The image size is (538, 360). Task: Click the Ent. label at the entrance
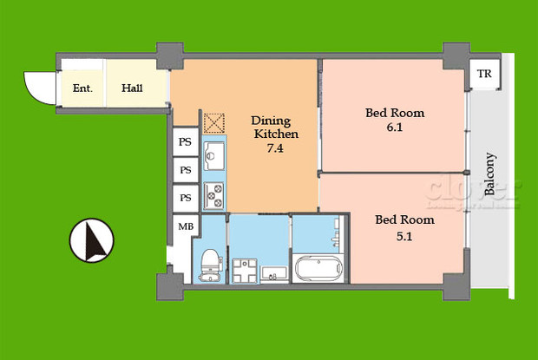pyautogui.click(x=82, y=88)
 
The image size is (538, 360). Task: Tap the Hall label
pyautogui.click(x=132, y=88)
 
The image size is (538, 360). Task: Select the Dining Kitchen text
pyautogui.click(x=275, y=127)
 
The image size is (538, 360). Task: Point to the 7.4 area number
pyautogui.click(x=275, y=148)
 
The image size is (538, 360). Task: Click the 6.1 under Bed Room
pyautogui.click(x=395, y=127)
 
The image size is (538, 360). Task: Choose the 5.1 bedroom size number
pyautogui.click(x=403, y=233)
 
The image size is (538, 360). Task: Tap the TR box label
pyautogui.click(x=483, y=75)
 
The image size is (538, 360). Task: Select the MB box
pyautogui.click(x=186, y=227)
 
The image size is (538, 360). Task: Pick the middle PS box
pyautogui.click(x=185, y=170)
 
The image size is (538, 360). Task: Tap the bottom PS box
pyautogui.click(x=185, y=198)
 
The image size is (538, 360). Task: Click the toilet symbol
pyautogui.click(x=210, y=262)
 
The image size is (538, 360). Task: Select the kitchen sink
pyautogui.click(x=213, y=157)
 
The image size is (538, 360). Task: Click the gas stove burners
pyautogui.click(x=213, y=195)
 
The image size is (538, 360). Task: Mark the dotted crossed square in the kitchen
pyautogui.click(x=214, y=123)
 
